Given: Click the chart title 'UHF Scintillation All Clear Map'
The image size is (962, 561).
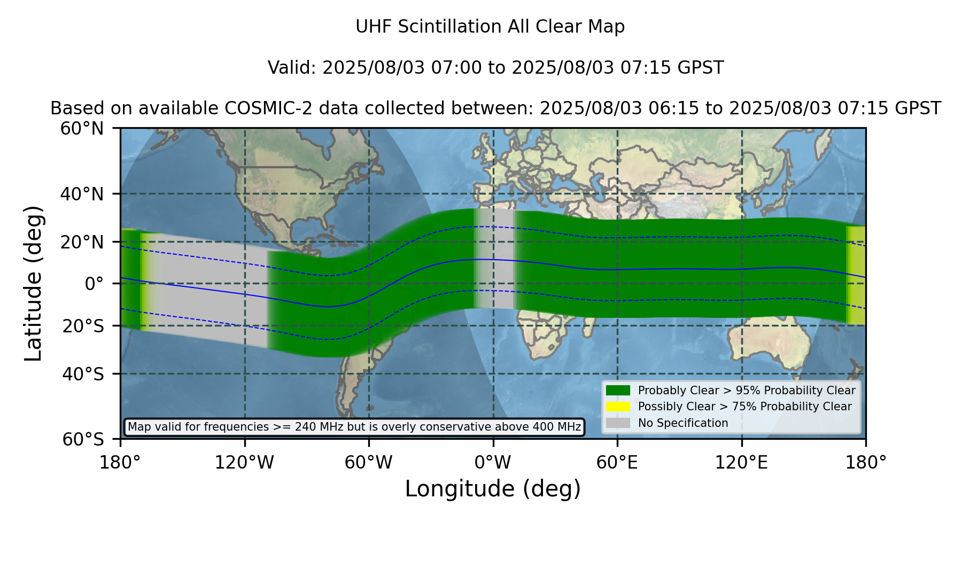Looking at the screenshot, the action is pyautogui.click(x=490, y=27).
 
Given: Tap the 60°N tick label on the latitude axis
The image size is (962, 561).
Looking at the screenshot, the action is pyautogui.click(x=82, y=129).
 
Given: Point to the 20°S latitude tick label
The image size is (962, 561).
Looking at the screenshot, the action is pyautogui.click(x=83, y=326).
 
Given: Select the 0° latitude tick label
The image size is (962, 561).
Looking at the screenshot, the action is pyautogui.click(x=94, y=284).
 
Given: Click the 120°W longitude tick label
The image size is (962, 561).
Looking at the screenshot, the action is pyautogui.click(x=244, y=462).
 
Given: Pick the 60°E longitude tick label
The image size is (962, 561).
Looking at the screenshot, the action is pyautogui.click(x=617, y=462).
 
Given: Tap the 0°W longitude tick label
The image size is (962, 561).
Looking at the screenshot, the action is pyautogui.click(x=493, y=462).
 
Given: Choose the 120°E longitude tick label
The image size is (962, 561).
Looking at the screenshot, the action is pyautogui.click(x=741, y=462).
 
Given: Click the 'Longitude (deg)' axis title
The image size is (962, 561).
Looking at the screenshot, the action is pyautogui.click(x=493, y=489).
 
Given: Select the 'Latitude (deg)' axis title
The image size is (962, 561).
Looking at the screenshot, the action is pyautogui.click(x=33, y=283).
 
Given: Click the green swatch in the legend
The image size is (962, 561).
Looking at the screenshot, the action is pyautogui.click(x=618, y=391).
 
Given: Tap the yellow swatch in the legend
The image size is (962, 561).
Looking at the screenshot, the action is pyautogui.click(x=618, y=407).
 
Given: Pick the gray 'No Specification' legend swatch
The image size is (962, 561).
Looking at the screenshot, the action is pyautogui.click(x=618, y=423).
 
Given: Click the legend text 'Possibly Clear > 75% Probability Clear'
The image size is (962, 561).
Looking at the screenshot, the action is pyautogui.click(x=744, y=407).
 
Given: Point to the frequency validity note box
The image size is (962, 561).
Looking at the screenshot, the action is pyautogui.click(x=354, y=427).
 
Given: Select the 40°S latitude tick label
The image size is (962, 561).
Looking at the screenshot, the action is pyautogui.click(x=83, y=374).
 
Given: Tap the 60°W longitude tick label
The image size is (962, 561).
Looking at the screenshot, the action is pyautogui.click(x=369, y=462).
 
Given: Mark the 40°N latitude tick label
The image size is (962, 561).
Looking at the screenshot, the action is pyautogui.click(x=82, y=194).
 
